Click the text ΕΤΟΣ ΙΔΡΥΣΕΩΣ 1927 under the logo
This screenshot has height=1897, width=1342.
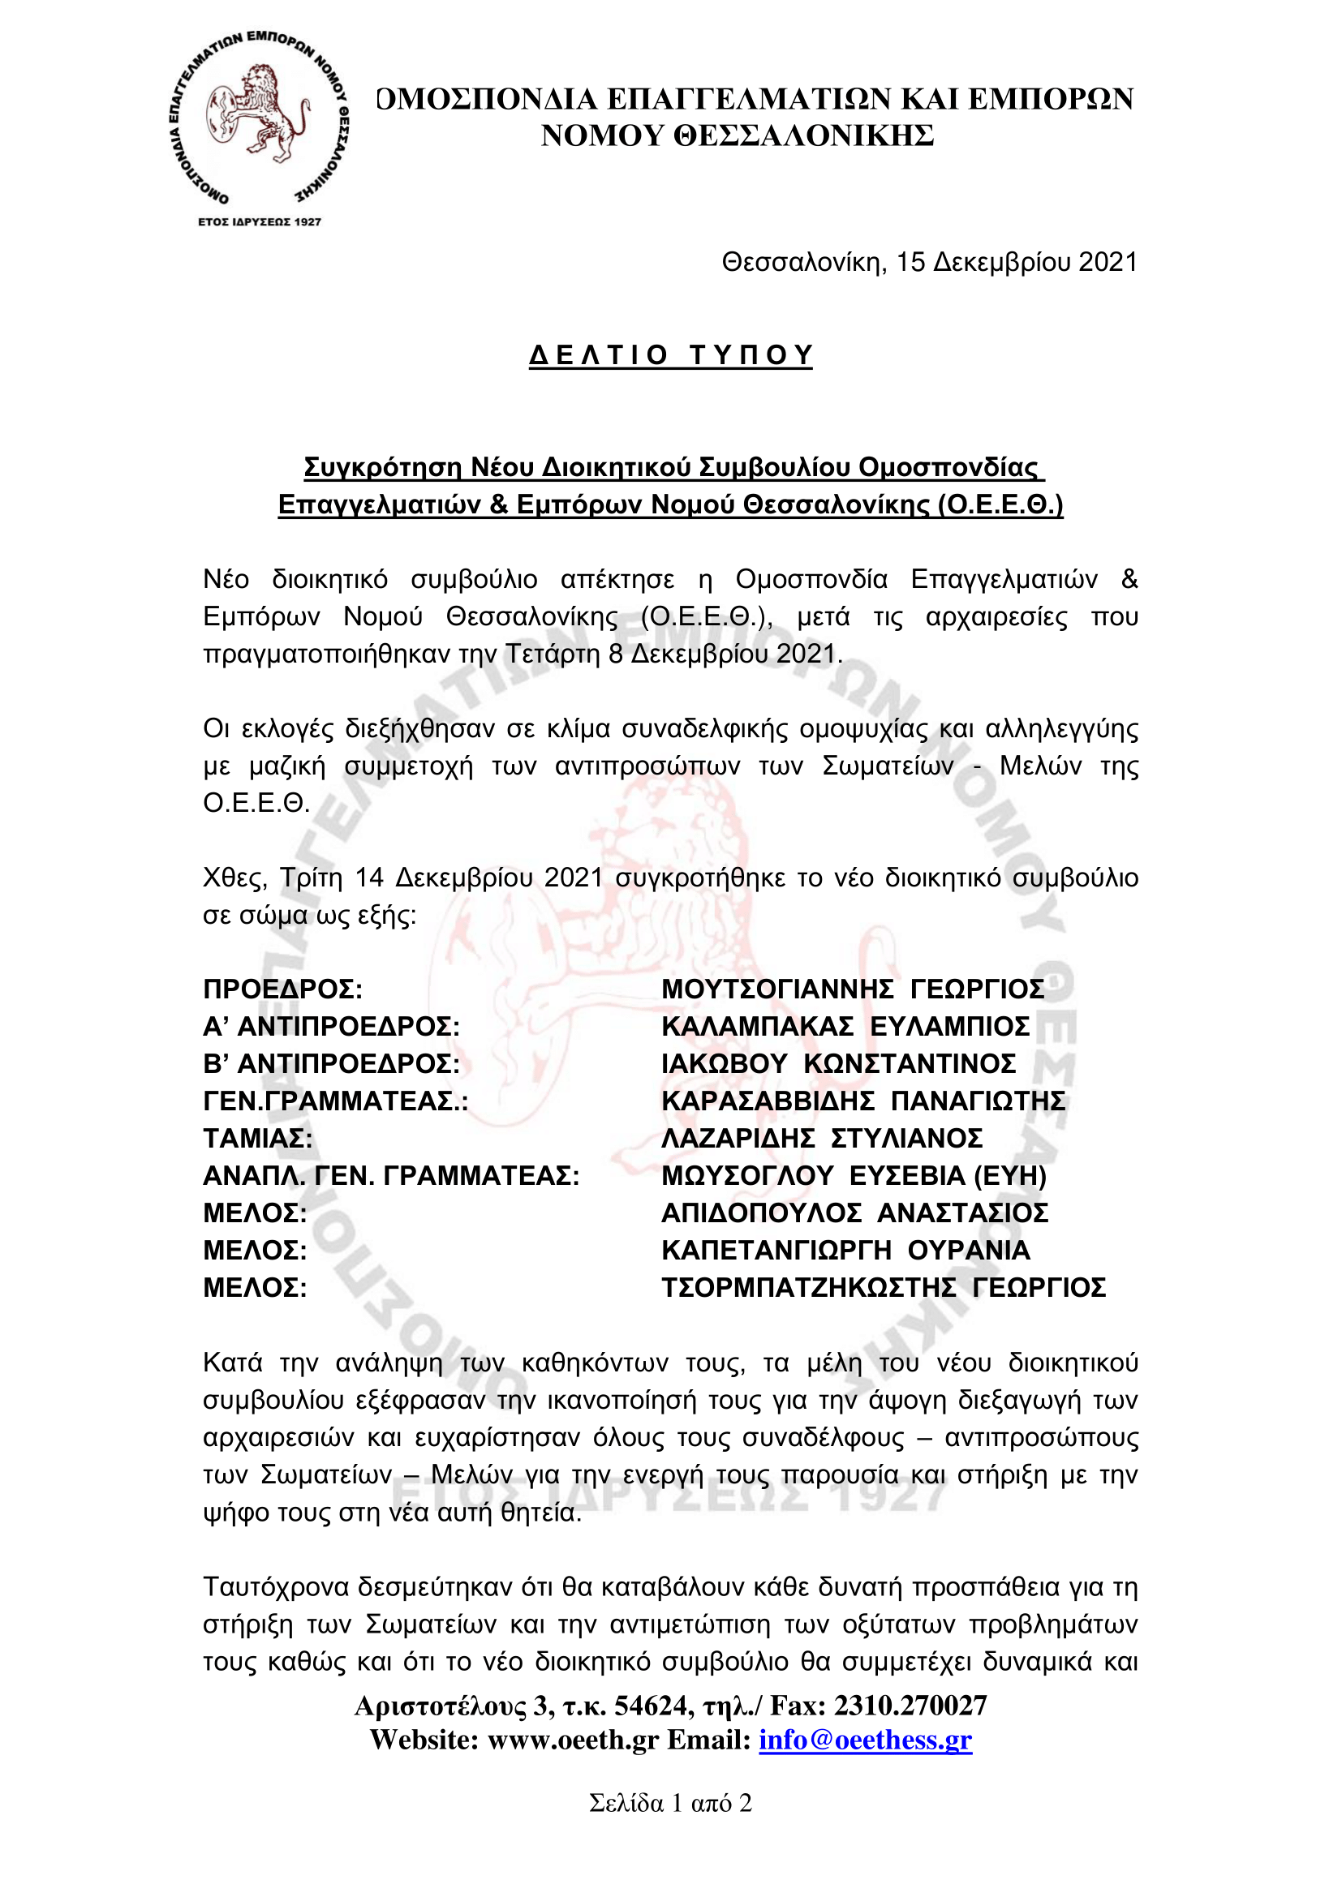click(260, 221)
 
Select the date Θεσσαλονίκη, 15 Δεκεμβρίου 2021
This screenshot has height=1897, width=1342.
click(930, 263)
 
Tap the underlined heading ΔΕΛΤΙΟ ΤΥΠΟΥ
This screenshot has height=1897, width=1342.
click(671, 355)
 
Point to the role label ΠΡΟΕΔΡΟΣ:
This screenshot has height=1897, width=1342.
click(282, 989)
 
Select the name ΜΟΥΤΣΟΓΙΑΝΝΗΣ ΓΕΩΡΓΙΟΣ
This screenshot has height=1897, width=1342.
click(853, 989)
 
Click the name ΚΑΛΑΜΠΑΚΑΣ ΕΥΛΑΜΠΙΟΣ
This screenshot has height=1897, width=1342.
click(845, 1026)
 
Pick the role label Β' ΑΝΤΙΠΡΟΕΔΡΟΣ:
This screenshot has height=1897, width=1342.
click(331, 1063)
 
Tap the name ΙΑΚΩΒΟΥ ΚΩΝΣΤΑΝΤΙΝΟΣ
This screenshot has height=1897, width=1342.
click(839, 1063)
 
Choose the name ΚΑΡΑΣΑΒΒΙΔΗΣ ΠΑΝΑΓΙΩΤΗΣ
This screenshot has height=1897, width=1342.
click(863, 1101)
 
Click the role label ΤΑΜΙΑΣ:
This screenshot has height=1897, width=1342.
click(258, 1139)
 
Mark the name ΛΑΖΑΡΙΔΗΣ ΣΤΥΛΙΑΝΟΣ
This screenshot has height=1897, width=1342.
click(822, 1139)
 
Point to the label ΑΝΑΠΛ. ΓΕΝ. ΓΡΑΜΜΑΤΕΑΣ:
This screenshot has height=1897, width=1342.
click(391, 1176)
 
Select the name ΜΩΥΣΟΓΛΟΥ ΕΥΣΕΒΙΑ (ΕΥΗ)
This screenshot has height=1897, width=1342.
click(854, 1176)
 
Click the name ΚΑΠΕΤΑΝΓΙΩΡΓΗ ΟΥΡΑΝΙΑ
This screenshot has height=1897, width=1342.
click(845, 1250)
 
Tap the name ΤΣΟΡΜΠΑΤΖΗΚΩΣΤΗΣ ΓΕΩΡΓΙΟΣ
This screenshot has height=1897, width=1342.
click(884, 1287)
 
